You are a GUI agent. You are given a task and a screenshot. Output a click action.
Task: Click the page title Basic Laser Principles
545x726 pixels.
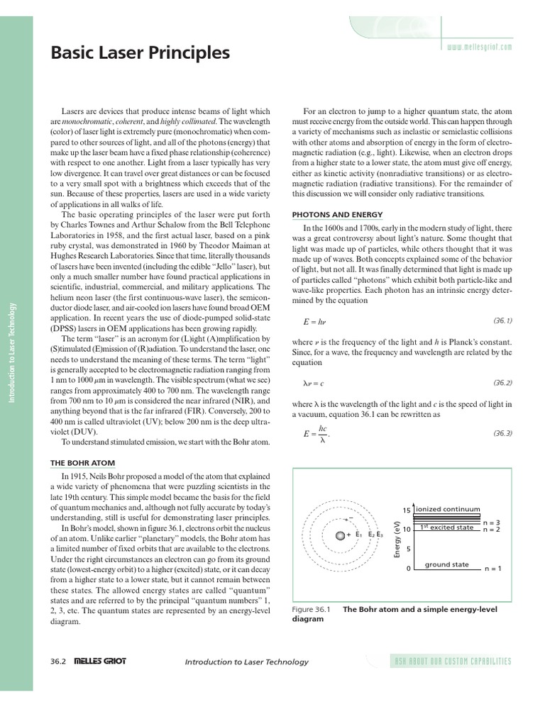pyautogui.click(x=140, y=53)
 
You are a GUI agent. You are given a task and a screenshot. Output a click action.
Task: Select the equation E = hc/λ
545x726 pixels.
pyautogui.click(x=312, y=433)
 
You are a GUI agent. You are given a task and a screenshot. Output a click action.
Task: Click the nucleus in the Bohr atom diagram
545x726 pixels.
pyautogui.click(x=341, y=534)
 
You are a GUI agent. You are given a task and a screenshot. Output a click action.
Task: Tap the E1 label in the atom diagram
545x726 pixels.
pyautogui.click(x=359, y=534)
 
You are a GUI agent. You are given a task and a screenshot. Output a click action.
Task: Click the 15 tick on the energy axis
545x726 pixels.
pyautogui.click(x=407, y=510)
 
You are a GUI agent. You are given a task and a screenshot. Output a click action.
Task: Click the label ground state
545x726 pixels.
pyautogui.click(x=446, y=564)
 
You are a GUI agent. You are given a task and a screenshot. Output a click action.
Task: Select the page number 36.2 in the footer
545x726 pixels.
pyautogui.click(x=58, y=661)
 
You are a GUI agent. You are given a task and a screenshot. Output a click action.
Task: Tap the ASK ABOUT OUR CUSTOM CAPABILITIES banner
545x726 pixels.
pyautogui.click(x=452, y=661)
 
